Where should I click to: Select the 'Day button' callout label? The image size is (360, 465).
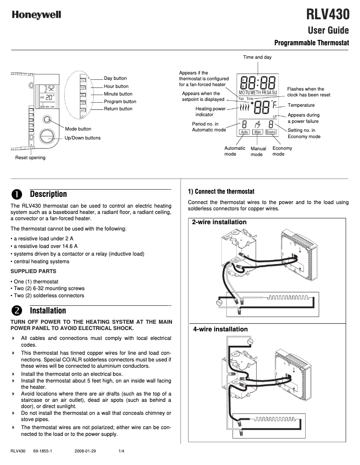click(x=115, y=78)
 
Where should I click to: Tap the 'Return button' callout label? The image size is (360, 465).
click(x=118, y=109)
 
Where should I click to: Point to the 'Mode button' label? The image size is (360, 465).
click(x=78, y=129)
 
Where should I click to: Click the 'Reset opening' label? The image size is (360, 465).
click(x=30, y=158)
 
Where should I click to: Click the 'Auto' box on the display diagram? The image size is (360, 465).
click(x=244, y=132)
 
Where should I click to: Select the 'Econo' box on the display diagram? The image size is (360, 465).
click(x=271, y=132)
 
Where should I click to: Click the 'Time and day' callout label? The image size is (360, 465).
click(x=257, y=57)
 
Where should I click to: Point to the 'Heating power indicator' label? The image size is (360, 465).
click(x=211, y=112)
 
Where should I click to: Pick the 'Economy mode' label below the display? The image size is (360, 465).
click(x=282, y=151)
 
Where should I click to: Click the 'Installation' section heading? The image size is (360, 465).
click(x=48, y=311)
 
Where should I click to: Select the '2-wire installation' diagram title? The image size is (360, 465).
click(x=219, y=222)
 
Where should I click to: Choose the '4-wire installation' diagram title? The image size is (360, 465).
click(x=220, y=329)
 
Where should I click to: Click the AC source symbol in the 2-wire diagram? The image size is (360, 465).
click(x=220, y=302)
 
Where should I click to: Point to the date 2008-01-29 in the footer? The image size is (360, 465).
click(x=85, y=451)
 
